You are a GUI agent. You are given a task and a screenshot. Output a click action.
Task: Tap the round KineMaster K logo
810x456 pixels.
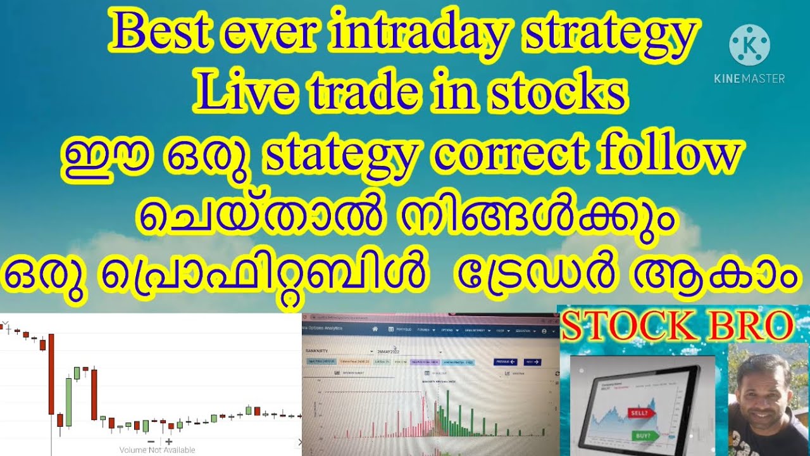(749, 45)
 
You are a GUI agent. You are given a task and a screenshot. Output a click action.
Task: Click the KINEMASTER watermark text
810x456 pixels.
(749, 79)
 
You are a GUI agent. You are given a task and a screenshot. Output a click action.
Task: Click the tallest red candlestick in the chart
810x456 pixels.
(51, 374)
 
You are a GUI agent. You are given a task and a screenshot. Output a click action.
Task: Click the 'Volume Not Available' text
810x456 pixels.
(157, 450)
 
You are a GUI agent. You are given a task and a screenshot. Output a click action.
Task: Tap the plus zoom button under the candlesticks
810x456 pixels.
(169, 441)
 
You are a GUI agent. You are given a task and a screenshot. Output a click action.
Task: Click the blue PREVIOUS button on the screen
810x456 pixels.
(505, 362)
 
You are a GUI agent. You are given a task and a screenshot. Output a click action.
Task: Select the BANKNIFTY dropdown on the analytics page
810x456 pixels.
(339, 350)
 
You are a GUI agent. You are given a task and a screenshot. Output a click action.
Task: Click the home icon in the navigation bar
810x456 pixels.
(375, 329)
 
